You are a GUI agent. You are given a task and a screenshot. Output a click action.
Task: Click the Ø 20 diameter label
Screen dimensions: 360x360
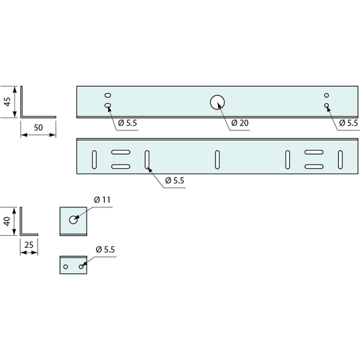[240, 123]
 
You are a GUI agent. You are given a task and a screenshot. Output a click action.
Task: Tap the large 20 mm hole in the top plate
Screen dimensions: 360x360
[217, 103]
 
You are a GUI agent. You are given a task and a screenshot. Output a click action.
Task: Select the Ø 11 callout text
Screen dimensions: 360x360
[103, 200]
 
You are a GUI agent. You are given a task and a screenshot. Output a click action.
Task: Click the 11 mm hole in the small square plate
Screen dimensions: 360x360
[73, 220]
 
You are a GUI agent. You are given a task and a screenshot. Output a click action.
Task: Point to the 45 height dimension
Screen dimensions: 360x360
[7, 102]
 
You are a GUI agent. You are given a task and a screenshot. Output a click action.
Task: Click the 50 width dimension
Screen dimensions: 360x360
[38, 128]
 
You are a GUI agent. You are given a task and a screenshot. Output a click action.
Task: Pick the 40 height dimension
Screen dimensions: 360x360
[7, 222]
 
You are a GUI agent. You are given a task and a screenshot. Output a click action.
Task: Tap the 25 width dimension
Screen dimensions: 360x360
[29, 245]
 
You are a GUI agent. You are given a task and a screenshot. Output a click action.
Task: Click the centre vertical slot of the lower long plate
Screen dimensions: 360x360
[217, 160]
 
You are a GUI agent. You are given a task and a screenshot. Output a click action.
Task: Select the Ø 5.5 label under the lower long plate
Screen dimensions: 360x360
[175, 181]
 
